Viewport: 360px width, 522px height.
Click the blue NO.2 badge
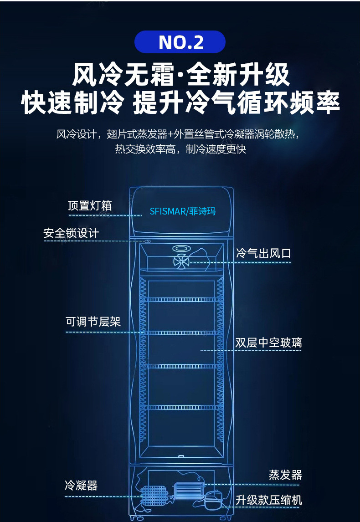tap(180, 42)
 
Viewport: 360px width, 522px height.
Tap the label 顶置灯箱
tap(90, 206)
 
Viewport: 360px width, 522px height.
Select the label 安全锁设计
tap(71, 233)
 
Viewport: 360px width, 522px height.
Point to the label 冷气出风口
tap(263, 254)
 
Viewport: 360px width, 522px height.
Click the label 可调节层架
tap(93, 322)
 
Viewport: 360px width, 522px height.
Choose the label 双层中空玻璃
tap(268, 343)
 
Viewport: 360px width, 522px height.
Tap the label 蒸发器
tap(285, 475)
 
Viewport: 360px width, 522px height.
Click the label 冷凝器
tap(81, 486)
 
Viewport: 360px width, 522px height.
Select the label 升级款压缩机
tap(269, 500)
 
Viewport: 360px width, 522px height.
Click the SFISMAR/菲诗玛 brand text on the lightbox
tap(182, 211)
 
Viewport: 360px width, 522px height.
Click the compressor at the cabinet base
tap(212, 500)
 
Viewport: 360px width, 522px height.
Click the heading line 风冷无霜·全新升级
tap(181, 75)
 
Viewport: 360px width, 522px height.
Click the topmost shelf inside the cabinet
tap(181, 300)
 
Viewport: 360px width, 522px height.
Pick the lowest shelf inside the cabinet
tap(181, 408)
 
